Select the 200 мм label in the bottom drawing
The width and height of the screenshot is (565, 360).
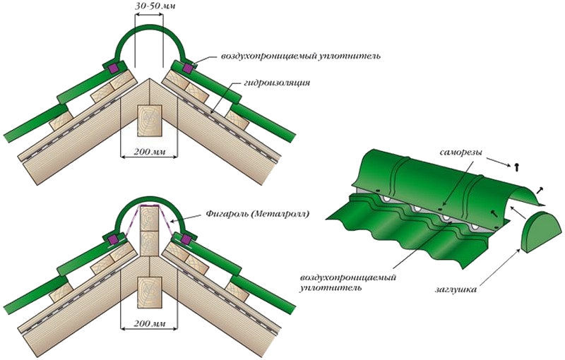[x=149, y=326]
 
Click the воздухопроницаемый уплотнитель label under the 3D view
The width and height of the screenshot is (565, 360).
[x=347, y=282]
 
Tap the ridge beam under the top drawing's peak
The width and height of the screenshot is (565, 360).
[x=149, y=121]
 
